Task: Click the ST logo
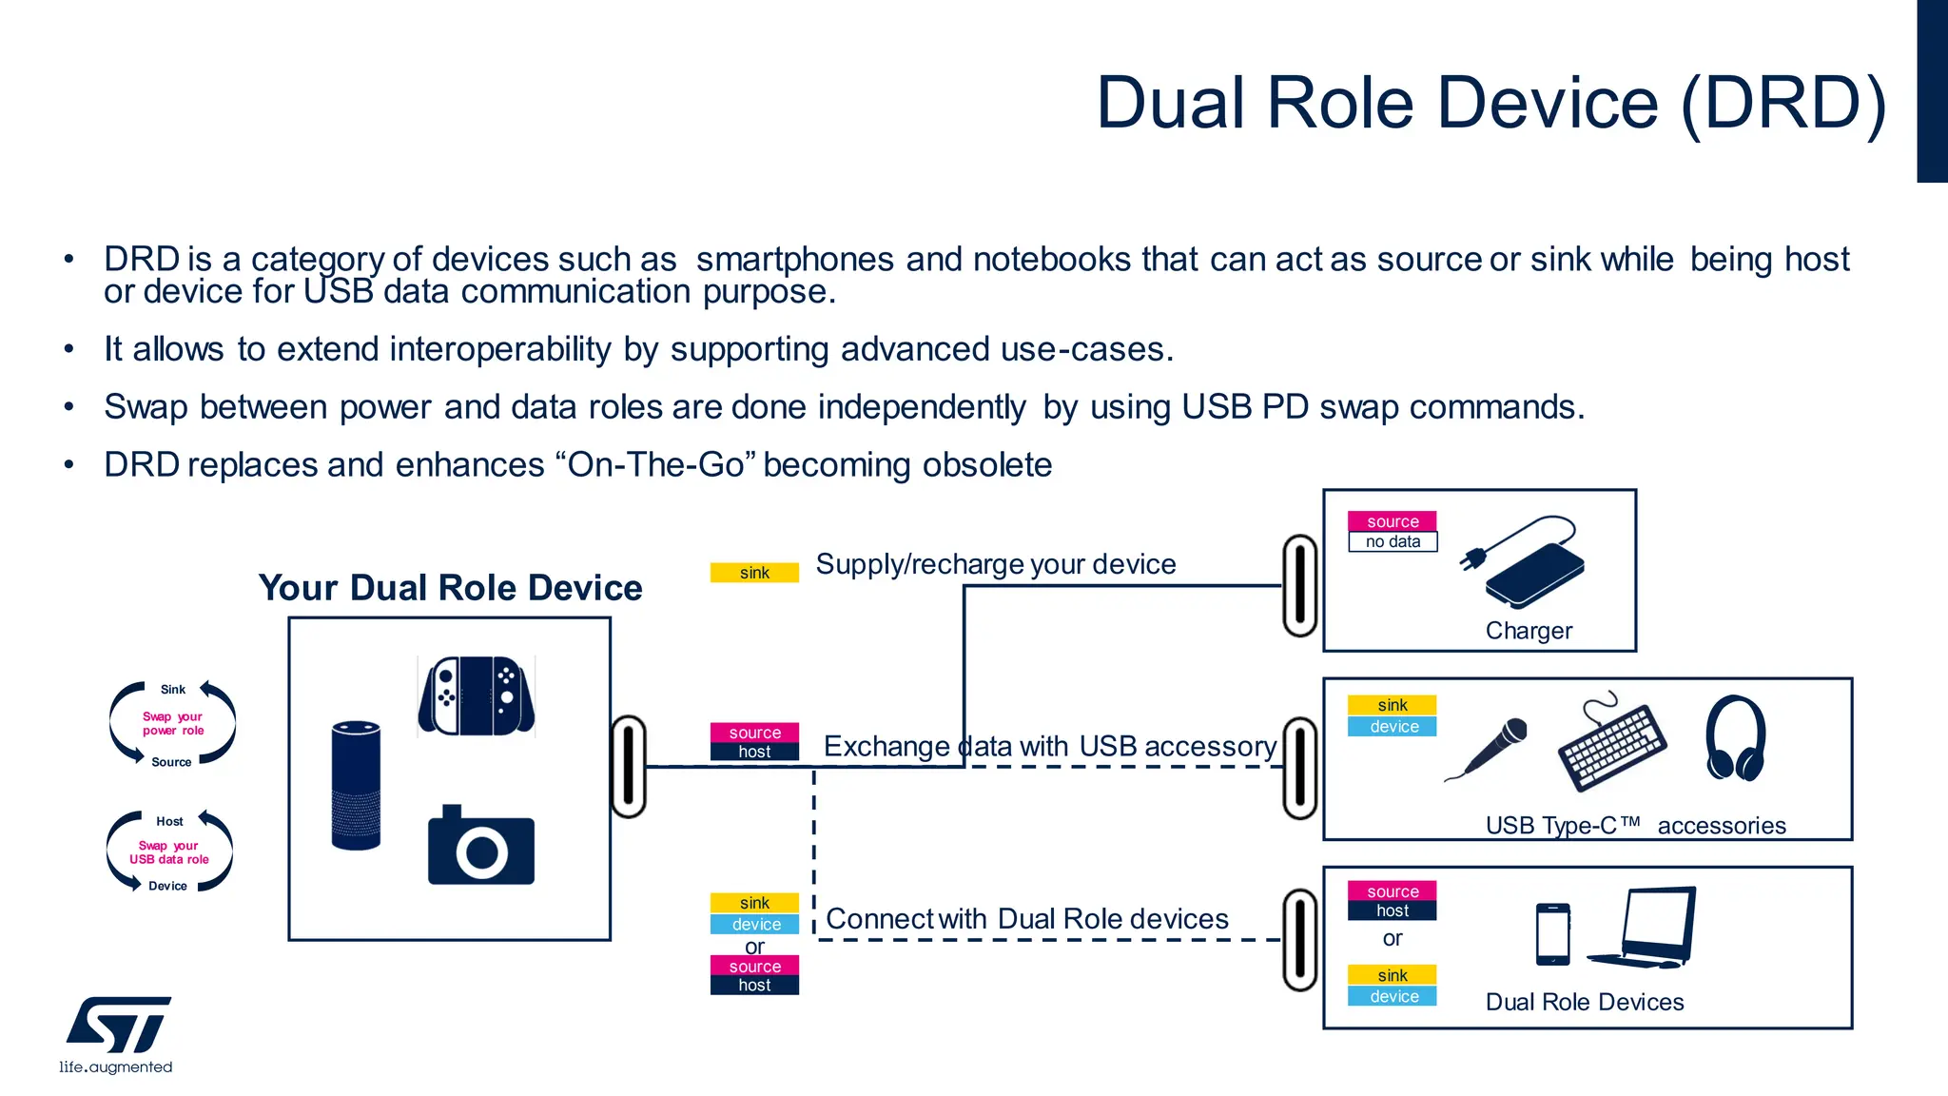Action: coord(118,1025)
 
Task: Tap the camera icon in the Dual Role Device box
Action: coord(480,846)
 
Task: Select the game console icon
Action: coord(476,695)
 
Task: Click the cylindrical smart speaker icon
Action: coord(356,786)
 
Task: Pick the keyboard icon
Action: coord(1610,745)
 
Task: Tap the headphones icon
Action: coord(1735,738)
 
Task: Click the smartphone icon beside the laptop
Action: coord(1553,933)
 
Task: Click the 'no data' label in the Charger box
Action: coord(1393,541)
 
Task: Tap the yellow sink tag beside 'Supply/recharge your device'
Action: coord(754,573)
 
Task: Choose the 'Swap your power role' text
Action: coord(173,724)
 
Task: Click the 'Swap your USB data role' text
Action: coord(169,852)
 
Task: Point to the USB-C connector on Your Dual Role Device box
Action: coord(629,767)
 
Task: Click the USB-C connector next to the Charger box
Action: coord(1299,585)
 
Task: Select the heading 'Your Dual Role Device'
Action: coord(450,588)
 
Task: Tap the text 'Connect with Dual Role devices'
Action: coord(1027,919)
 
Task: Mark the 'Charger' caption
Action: coord(1529,631)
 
